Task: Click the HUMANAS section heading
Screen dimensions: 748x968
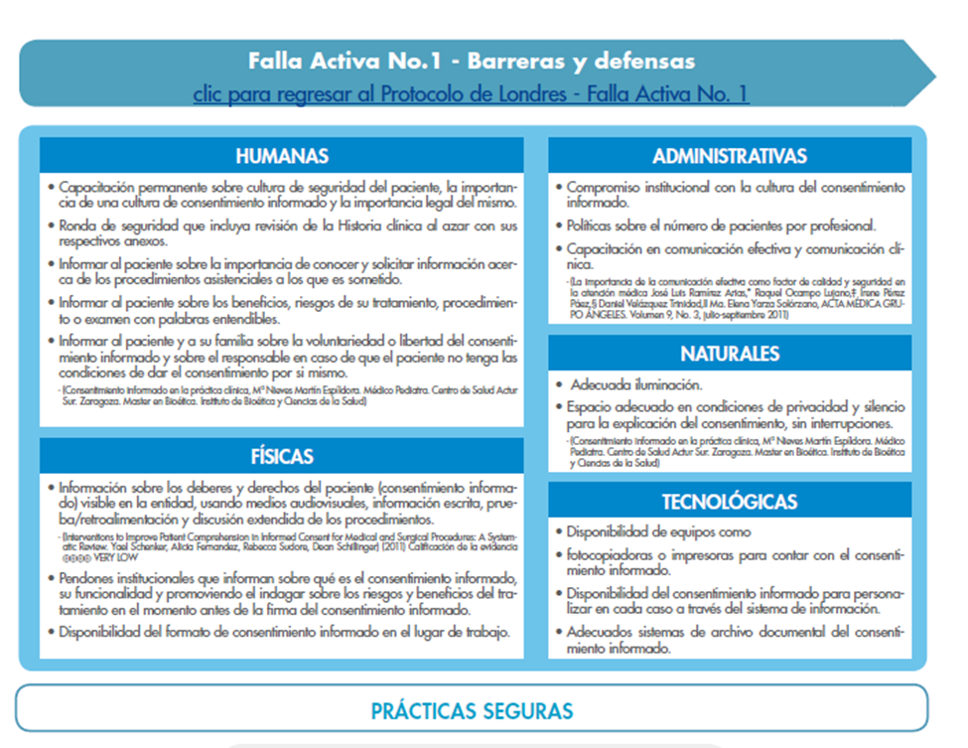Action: click(282, 156)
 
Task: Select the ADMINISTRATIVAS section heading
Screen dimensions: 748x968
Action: click(729, 156)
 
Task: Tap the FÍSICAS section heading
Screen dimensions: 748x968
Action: click(282, 457)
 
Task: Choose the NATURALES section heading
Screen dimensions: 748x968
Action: click(729, 354)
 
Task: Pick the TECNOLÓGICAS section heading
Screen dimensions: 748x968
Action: click(729, 502)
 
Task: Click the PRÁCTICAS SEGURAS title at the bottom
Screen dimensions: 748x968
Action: click(472, 711)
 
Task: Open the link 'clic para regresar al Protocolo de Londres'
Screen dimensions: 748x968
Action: click(471, 94)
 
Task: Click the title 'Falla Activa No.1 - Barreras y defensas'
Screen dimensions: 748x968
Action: click(471, 62)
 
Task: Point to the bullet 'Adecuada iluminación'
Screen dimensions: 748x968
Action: click(635, 384)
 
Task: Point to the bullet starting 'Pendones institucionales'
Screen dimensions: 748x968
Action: click(288, 594)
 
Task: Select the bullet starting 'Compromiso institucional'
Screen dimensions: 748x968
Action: click(735, 194)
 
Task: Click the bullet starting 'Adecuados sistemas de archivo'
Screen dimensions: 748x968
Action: click(735, 639)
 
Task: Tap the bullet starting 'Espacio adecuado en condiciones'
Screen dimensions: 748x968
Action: click(735, 414)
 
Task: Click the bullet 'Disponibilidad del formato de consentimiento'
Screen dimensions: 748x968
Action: click(284, 632)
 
